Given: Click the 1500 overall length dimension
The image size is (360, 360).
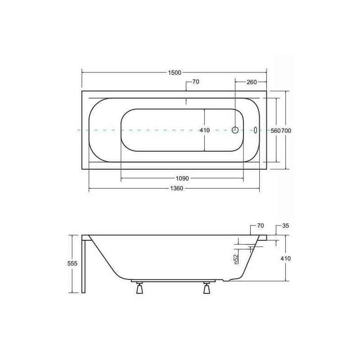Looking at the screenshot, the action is pos(175,72).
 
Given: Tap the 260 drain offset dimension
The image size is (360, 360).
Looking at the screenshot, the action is pos(252,82).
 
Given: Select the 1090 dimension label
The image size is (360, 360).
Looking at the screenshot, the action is pos(182,178).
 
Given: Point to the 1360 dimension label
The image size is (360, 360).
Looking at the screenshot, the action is pos(176,188).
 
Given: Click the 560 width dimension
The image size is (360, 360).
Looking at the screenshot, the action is pos(276,130).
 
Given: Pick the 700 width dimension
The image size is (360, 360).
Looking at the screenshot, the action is pos(286,130).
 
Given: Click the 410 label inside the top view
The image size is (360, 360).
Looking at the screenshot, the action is pos(205,130).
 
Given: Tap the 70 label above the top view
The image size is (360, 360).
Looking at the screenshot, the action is pos(196,82).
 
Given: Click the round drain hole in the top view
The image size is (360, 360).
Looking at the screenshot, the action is pos(235,130).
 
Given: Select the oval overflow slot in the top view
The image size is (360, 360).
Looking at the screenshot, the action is pos(255,130).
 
